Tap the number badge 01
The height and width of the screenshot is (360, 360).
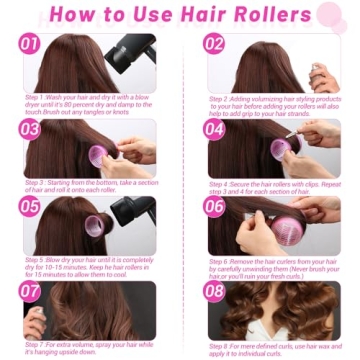click(30, 44)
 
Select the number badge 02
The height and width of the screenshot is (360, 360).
click(214, 44)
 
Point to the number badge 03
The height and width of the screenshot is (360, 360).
click(30, 129)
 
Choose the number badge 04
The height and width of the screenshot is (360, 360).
click(214, 129)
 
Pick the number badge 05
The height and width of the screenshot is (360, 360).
click(30, 206)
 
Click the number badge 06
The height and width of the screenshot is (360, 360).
click(214, 206)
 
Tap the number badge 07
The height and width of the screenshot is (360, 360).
click(30, 291)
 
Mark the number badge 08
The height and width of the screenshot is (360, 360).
click(214, 291)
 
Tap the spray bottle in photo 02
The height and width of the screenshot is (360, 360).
click(318, 74)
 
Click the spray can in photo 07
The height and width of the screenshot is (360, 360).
click(33, 325)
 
